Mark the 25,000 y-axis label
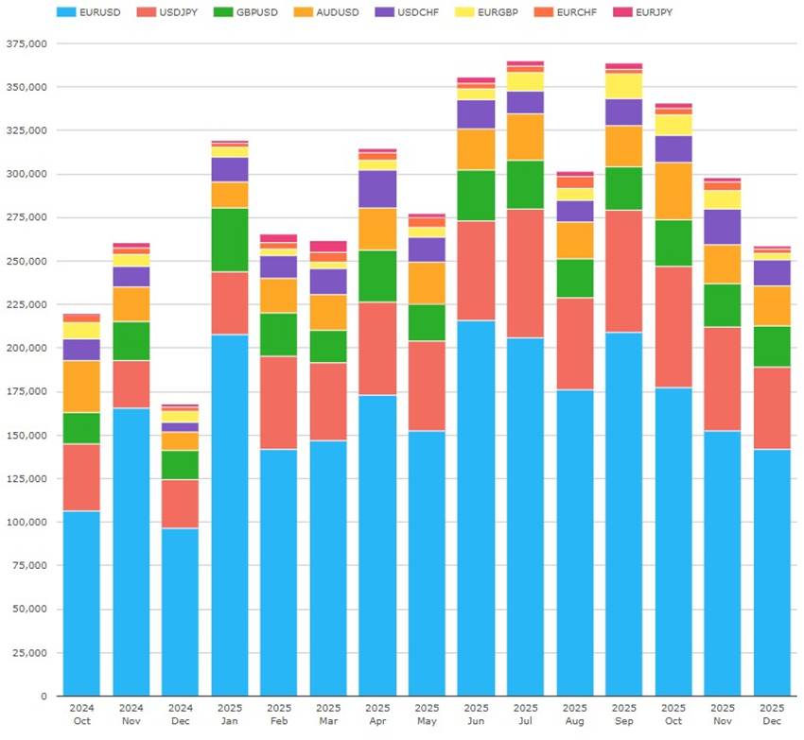(x=28, y=653)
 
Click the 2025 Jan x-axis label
(x=230, y=714)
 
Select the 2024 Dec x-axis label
(x=180, y=714)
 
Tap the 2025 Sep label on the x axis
(x=623, y=714)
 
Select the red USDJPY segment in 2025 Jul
(x=525, y=273)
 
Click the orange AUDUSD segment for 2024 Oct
(x=81, y=387)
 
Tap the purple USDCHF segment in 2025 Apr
(x=377, y=189)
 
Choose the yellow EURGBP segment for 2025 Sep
(x=623, y=86)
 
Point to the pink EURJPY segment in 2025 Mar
(x=328, y=246)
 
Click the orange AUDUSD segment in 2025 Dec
(x=772, y=306)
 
